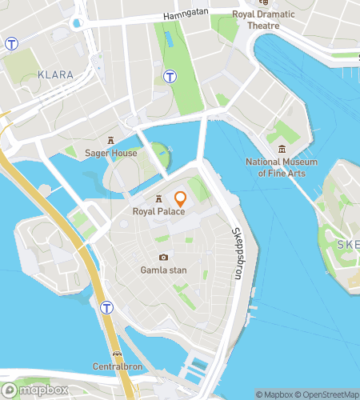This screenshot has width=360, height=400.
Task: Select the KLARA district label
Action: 55,74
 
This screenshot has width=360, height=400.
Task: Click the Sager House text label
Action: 111,153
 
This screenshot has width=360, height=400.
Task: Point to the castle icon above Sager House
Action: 111,140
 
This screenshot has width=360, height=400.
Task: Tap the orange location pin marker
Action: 180,199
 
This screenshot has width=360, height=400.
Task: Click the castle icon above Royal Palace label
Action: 159,198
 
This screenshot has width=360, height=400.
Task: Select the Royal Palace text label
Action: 159,211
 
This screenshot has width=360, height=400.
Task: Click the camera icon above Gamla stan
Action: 163,257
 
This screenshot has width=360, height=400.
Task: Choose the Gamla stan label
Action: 163,270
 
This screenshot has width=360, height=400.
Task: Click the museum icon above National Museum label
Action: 282,149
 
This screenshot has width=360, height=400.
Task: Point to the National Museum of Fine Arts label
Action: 282,167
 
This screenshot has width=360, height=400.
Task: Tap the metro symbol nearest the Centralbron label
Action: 106,307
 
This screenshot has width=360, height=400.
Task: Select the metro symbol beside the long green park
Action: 170,77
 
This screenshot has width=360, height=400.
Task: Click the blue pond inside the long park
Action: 168,38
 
